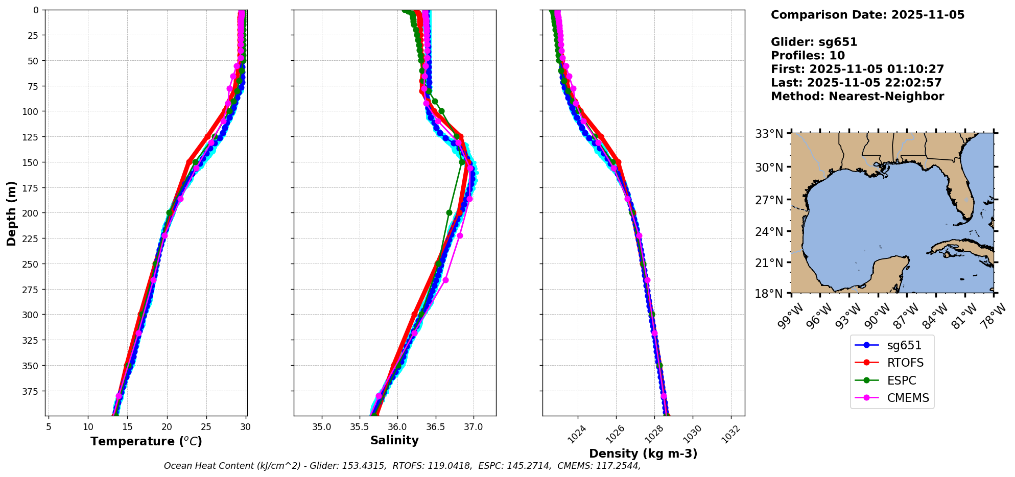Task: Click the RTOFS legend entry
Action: (905, 363)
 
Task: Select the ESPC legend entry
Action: (901, 380)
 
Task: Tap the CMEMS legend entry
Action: (907, 398)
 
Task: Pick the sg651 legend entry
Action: (904, 345)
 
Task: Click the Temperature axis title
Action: (146, 441)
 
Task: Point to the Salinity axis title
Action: (394, 440)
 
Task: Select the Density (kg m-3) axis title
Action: (643, 454)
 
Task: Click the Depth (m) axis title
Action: (12, 213)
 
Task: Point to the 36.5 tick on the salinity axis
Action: (435, 427)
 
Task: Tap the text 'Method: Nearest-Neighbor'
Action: (857, 96)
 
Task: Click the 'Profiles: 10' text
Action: (808, 56)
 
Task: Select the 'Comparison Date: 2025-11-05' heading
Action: (867, 15)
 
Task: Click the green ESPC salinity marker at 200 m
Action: (449, 212)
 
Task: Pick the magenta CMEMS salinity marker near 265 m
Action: (445, 280)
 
